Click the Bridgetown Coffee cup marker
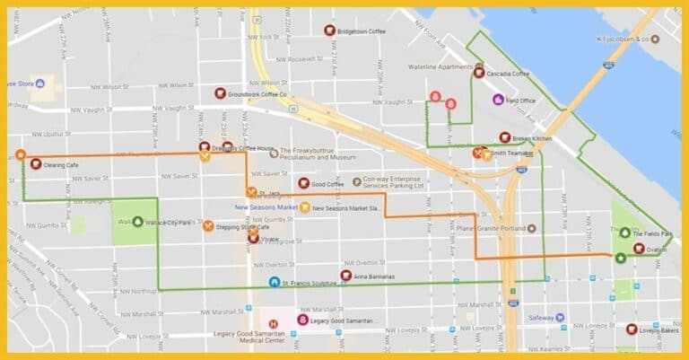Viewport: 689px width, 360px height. click(x=329, y=30)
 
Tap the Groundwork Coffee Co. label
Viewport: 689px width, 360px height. click(x=257, y=93)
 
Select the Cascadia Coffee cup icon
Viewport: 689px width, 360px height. click(x=479, y=73)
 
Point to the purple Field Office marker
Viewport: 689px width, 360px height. click(x=498, y=99)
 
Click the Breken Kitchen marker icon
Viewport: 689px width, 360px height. click(x=505, y=137)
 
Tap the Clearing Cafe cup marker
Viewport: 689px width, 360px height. click(x=35, y=164)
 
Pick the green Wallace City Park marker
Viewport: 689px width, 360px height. click(x=137, y=220)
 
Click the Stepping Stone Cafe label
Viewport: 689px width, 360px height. click(x=243, y=227)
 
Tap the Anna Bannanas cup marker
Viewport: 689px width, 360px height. click(x=346, y=276)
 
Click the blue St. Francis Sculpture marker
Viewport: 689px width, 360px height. click(x=275, y=283)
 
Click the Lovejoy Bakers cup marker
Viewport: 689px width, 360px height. click(x=632, y=329)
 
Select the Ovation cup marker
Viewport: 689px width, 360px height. click(x=638, y=249)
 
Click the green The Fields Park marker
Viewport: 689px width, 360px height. click(x=624, y=233)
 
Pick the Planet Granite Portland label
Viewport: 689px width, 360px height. click(x=490, y=228)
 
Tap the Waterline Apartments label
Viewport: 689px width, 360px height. click(x=440, y=66)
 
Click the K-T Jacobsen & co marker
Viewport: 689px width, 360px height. click(x=655, y=40)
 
